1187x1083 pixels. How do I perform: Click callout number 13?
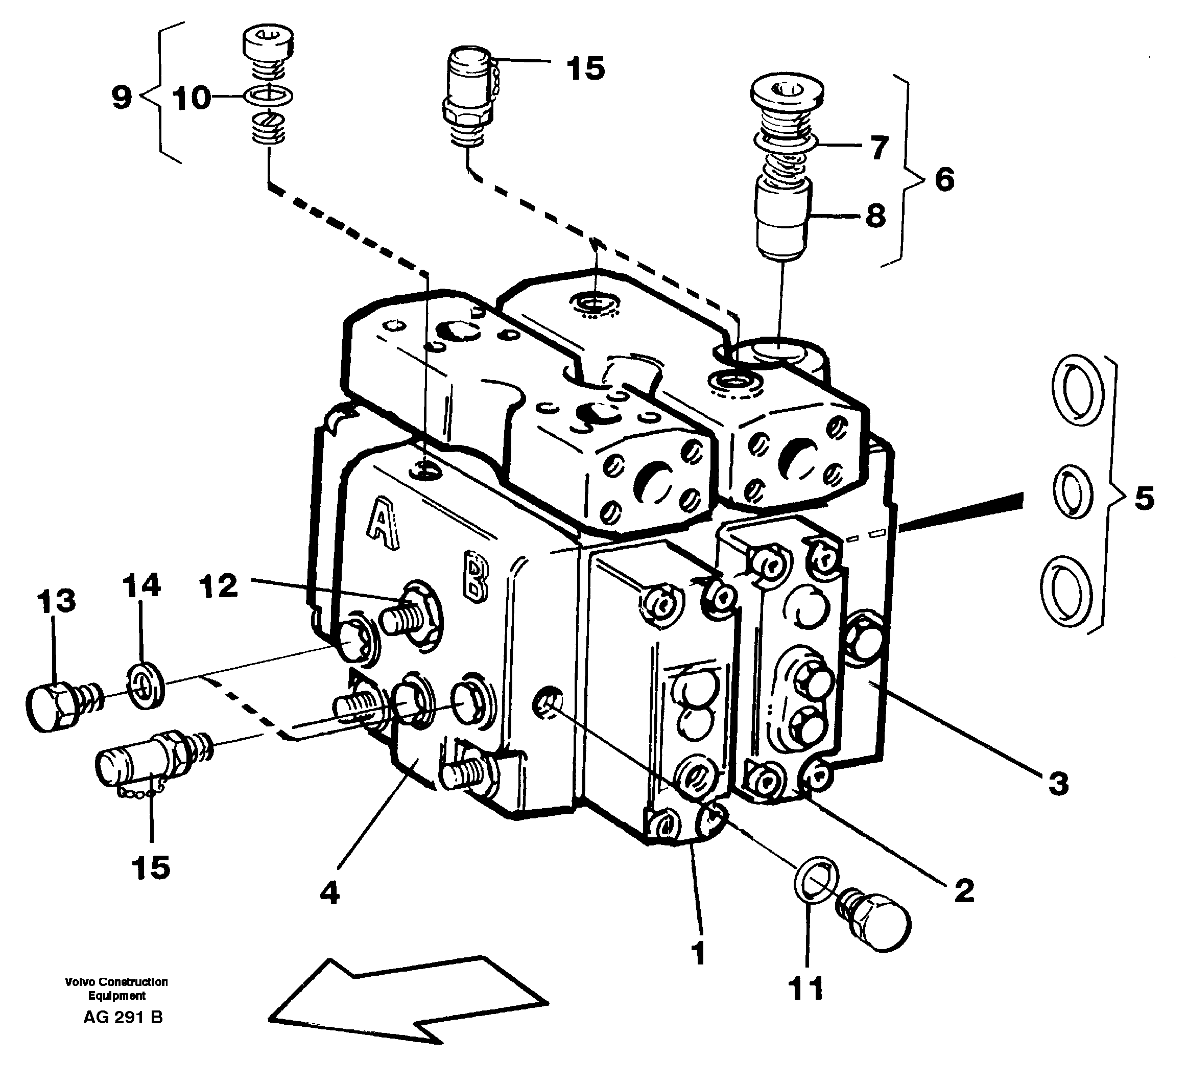(x=56, y=601)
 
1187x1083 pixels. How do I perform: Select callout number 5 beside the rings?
(x=1144, y=498)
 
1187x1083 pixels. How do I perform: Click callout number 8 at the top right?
(x=875, y=216)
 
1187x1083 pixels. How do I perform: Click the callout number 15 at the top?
(x=586, y=68)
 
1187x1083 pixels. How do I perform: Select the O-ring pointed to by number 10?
(x=269, y=96)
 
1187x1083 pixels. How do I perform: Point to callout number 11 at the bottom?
(x=805, y=989)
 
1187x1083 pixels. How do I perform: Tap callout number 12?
(x=219, y=586)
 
